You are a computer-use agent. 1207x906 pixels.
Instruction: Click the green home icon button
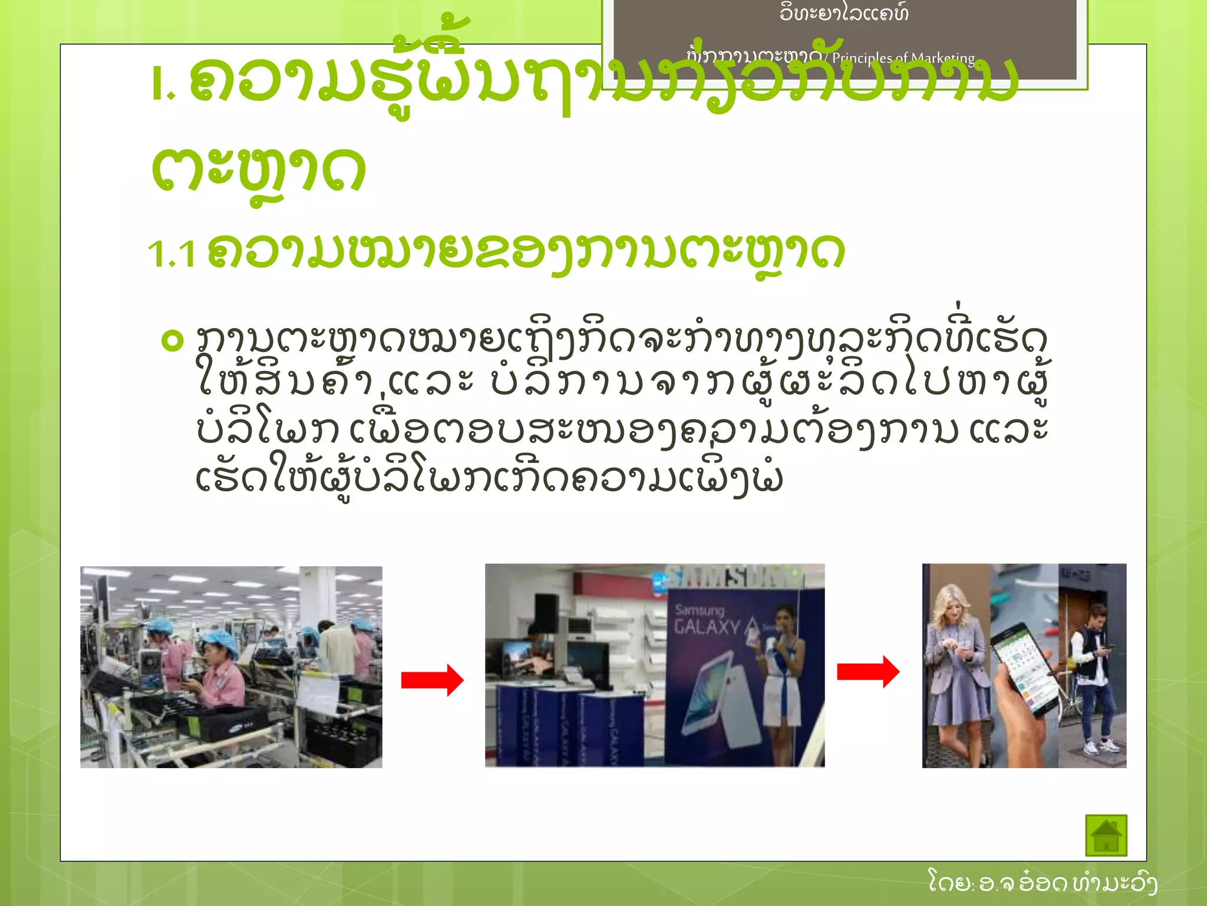coord(1106,835)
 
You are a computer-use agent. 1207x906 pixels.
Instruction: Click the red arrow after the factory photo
coord(432,680)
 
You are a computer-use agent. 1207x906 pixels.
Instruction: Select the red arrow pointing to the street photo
coord(868,671)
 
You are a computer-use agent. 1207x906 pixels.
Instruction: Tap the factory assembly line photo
coord(231,667)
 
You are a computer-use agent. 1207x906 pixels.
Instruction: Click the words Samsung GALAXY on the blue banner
coord(707,619)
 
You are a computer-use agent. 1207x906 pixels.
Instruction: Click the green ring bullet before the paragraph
coord(172,340)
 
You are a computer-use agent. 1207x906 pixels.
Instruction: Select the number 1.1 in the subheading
coord(172,254)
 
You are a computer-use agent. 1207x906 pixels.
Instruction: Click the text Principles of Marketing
coord(903,58)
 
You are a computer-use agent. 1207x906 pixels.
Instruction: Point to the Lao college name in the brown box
coord(844,13)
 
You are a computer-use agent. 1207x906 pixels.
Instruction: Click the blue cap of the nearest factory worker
coord(219,642)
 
